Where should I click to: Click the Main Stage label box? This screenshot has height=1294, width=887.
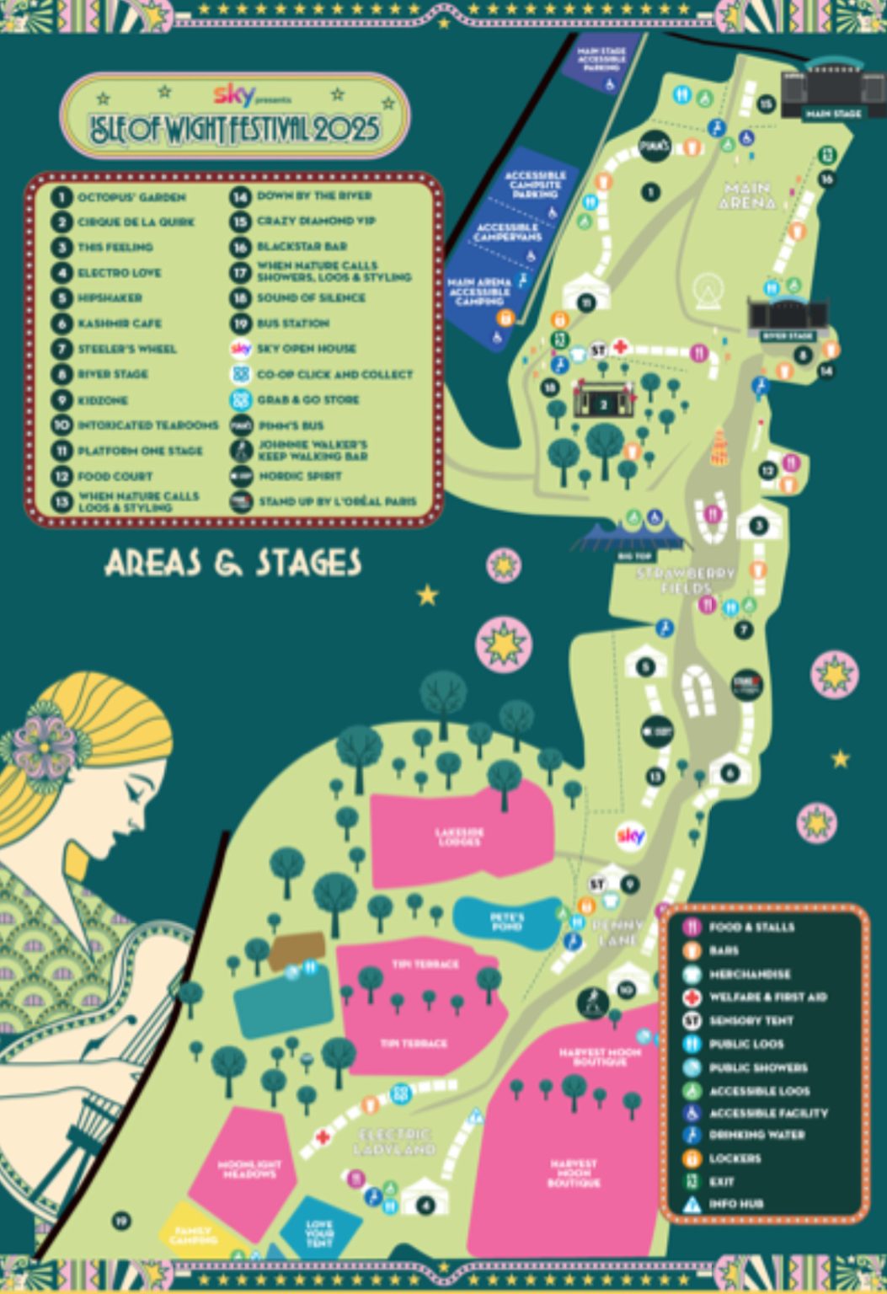[x=833, y=113]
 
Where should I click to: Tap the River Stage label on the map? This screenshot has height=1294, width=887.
[x=788, y=335]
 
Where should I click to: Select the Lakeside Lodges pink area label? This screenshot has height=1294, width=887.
[x=460, y=837]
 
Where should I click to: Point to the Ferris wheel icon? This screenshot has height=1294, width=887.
[x=708, y=291]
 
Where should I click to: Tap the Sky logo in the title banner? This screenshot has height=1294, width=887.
[x=232, y=95]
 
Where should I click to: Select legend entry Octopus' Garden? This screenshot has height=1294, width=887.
[x=131, y=197]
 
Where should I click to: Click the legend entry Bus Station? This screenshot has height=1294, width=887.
[x=292, y=323]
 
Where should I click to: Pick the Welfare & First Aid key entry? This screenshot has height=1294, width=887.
[x=767, y=997]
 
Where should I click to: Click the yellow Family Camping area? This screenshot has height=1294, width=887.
[x=192, y=1235]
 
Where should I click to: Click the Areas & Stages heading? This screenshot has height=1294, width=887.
[x=233, y=564]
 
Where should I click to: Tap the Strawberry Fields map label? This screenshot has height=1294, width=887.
[x=687, y=580]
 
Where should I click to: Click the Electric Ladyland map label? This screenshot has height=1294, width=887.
[x=394, y=1142]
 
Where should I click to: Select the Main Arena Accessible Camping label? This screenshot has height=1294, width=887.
[x=478, y=291]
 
